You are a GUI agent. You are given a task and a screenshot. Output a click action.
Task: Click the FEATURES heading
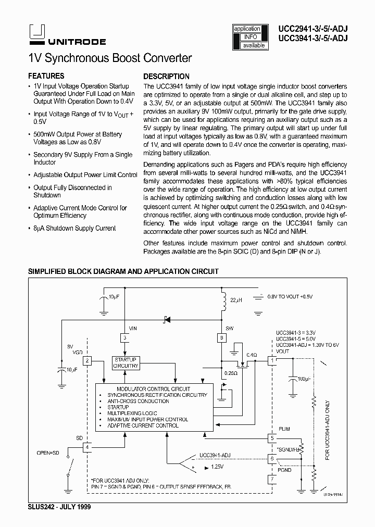click(46, 76)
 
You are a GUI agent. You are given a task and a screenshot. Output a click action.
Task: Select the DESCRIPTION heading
click(166, 76)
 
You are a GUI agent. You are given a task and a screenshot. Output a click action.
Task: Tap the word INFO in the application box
click(250, 37)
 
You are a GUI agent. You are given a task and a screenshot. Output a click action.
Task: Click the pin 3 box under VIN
click(124, 338)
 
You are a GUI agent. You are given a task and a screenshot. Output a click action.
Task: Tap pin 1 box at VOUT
click(271, 360)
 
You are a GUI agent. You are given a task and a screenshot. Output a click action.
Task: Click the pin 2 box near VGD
click(87, 360)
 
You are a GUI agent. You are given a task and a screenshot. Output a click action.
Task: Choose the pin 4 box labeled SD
click(87, 446)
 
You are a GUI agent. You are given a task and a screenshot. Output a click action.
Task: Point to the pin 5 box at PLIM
click(271, 438)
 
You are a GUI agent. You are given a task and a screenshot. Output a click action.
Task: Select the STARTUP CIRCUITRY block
click(126, 362)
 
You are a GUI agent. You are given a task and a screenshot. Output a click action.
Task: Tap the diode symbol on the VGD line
click(167, 319)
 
